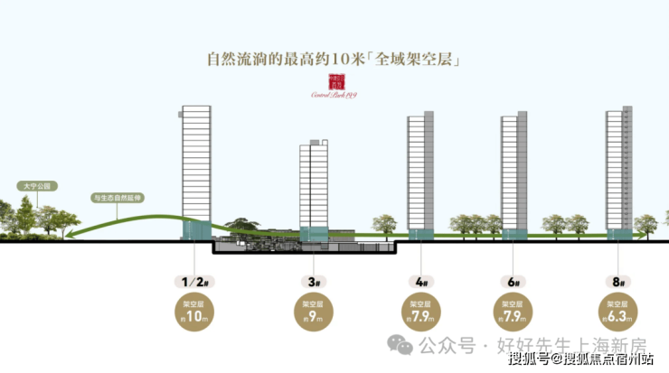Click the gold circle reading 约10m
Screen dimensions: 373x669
click(198, 311)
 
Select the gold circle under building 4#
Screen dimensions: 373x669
click(421, 312)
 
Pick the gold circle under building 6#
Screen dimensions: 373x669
click(513, 312)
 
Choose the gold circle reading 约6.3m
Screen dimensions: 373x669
click(619, 312)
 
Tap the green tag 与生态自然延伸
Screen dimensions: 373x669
click(118, 196)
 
